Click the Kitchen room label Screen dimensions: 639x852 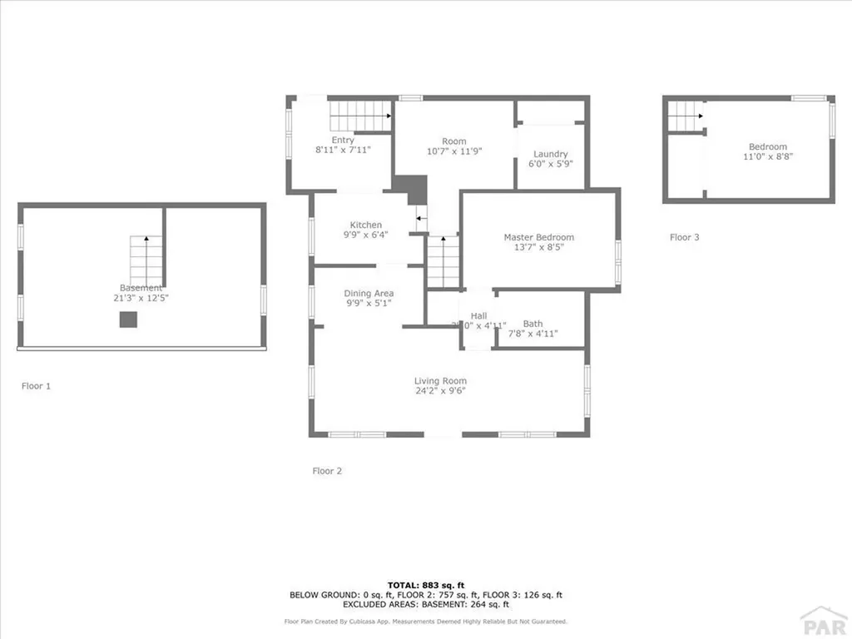pos(365,225)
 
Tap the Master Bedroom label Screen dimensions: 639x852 pos(538,237)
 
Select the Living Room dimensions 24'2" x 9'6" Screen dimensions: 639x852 pos(440,391)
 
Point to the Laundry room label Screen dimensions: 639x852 pos(550,154)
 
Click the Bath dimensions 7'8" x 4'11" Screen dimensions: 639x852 pos(532,334)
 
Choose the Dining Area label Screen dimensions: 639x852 pos(369,293)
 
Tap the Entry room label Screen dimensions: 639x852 pos(342,141)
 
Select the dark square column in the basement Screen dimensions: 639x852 pos(128,319)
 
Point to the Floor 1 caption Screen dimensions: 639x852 pos(36,386)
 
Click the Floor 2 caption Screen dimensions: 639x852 pos(327,471)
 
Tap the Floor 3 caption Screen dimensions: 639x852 pos(685,237)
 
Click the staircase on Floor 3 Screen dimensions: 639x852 pos(686,115)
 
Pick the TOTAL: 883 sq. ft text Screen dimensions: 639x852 pos(425,585)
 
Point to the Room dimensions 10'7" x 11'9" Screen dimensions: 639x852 pos(454,151)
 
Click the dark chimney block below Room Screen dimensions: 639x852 pos(410,189)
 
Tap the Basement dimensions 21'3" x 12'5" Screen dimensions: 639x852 pos(141,297)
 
